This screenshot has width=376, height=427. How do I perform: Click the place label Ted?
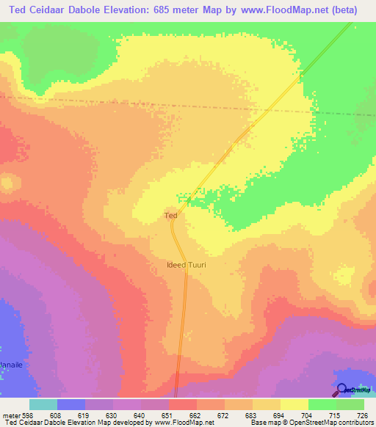tap(170, 216)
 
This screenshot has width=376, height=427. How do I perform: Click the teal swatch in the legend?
tap(43, 404)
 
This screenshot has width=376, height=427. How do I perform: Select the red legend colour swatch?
tap(184, 404)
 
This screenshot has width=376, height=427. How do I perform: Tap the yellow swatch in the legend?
tap(295, 404)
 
